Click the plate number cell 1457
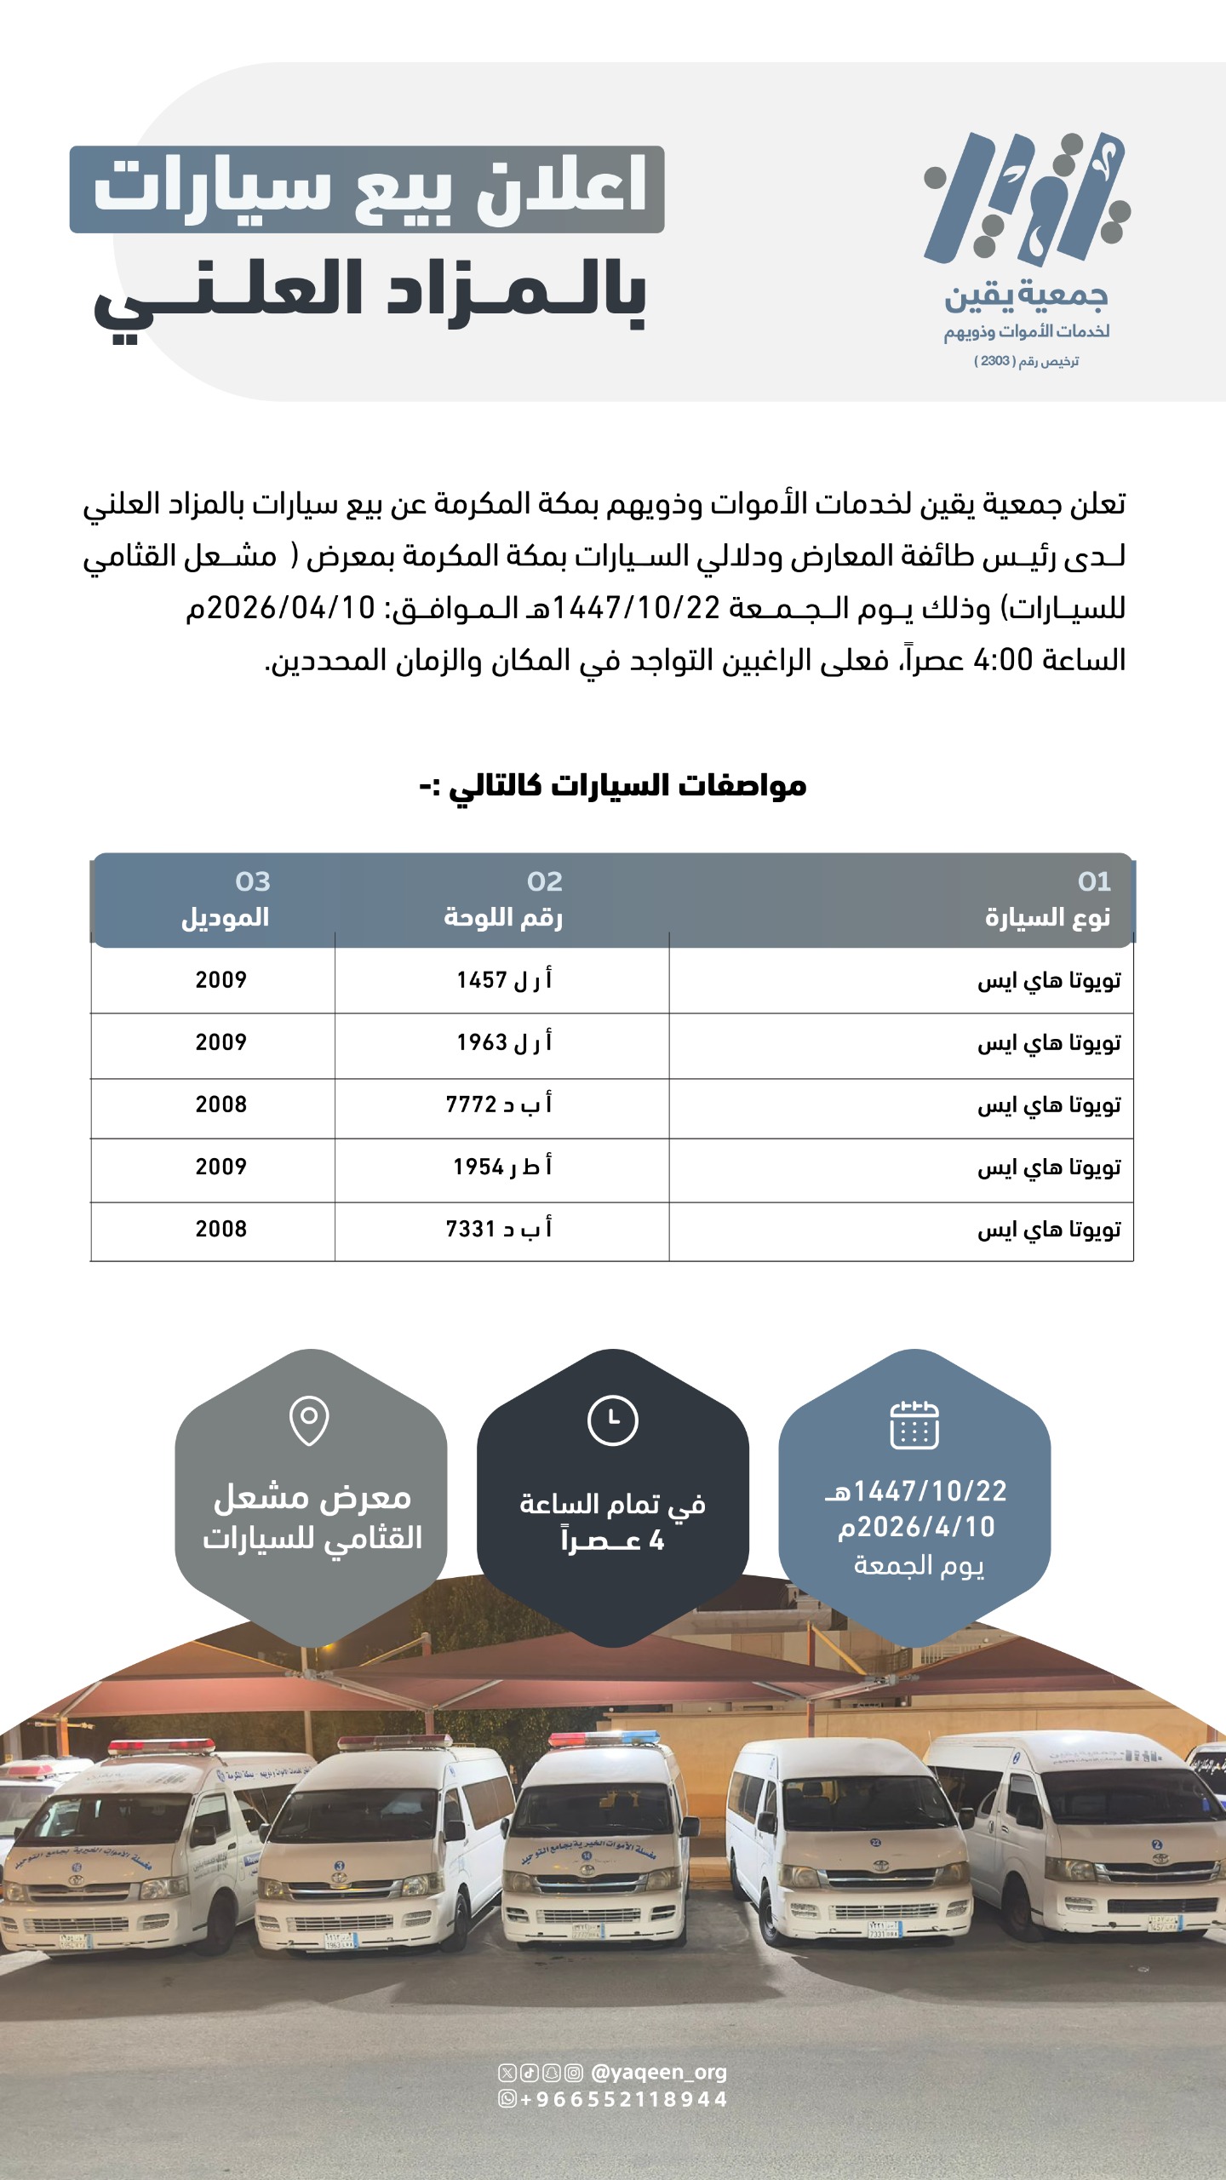pyautogui.click(x=503, y=980)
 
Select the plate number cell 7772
pyautogui.click(x=499, y=1104)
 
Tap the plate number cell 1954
pyautogui.click(x=502, y=1167)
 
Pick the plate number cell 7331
pyautogui.click(x=499, y=1229)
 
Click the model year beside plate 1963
pyautogui.click(x=221, y=1042)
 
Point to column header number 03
pyautogui.click(x=253, y=881)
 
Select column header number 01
pyautogui.click(x=1094, y=881)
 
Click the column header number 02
pyautogui.click(x=545, y=881)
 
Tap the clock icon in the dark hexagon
pyautogui.click(x=612, y=1420)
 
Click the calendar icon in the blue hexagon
pyautogui.click(x=914, y=1425)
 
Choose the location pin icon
pyautogui.click(x=309, y=1420)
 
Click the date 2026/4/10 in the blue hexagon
pyautogui.click(x=916, y=1527)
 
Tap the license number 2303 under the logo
pyautogui.click(x=995, y=361)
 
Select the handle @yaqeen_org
pyautogui.click(x=658, y=2072)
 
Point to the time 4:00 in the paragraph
pyautogui.click(x=1003, y=660)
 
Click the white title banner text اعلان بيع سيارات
pyautogui.click(x=368, y=188)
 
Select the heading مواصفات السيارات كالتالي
pyautogui.click(x=613, y=785)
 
